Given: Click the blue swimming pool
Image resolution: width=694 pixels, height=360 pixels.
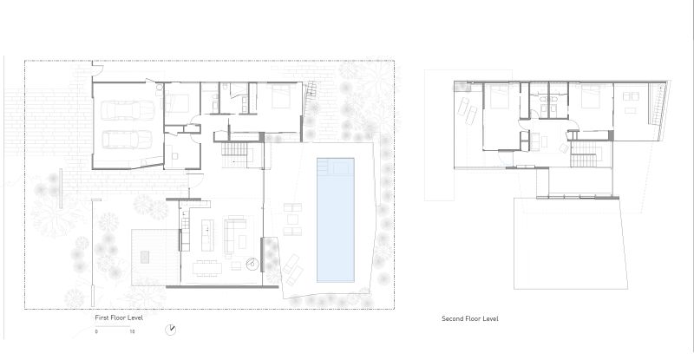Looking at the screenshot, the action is click(x=336, y=219).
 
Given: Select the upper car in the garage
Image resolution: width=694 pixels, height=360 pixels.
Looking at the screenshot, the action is click(x=128, y=110).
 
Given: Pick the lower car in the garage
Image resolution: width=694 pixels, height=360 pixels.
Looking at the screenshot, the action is click(x=128, y=140).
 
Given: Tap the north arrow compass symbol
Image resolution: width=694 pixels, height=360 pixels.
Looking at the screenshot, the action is click(x=170, y=330).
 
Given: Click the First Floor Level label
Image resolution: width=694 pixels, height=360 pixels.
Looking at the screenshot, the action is click(x=119, y=317).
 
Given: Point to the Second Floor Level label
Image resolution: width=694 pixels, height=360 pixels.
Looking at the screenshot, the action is click(x=470, y=318).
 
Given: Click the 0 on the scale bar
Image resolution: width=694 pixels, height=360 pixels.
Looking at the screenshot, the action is click(x=96, y=331).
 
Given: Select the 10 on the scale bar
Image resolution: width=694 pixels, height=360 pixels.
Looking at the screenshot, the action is click(x=132, y=331).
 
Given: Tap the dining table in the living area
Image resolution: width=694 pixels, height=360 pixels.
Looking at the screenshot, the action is click(x=207, y=268).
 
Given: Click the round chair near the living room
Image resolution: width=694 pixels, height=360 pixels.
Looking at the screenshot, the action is click(x=252, y=265).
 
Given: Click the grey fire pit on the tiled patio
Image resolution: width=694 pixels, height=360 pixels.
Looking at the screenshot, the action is click(x=145, y=257).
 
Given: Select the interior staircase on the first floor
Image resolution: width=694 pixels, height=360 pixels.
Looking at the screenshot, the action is click(x=237, y=154).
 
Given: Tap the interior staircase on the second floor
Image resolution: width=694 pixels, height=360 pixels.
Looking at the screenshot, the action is click(x=586, y=154).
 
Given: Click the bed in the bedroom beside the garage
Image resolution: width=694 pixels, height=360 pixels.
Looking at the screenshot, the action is click(x=178, y=102).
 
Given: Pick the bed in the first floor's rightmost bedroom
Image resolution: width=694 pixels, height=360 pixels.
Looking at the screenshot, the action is click(x=280, y=96).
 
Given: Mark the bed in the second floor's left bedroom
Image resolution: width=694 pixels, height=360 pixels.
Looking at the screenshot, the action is click(x=500, y=96).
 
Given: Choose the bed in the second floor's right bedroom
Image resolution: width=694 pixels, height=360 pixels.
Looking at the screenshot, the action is click(x=591, y=96).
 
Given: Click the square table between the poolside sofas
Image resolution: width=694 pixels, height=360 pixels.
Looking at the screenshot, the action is click(x=292, y=219).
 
